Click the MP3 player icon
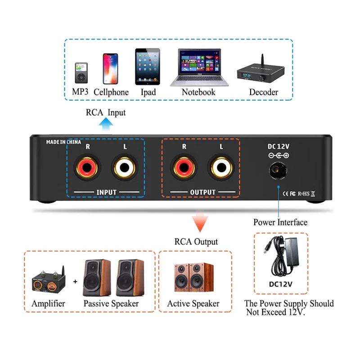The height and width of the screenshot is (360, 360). pyautogui.click(x=81, y=72)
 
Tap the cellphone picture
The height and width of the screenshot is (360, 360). pyautogui.click(x=110, y=69)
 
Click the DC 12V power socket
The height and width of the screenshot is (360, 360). pyautogui.click(x=278, y=171)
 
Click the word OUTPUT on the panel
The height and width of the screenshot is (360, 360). pyautogui.click(x=202, y=193)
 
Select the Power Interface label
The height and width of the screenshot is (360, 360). pyautogui.click(x=280, y=222)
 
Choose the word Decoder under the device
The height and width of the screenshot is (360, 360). pyautogui.click(x=264, y=92)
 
